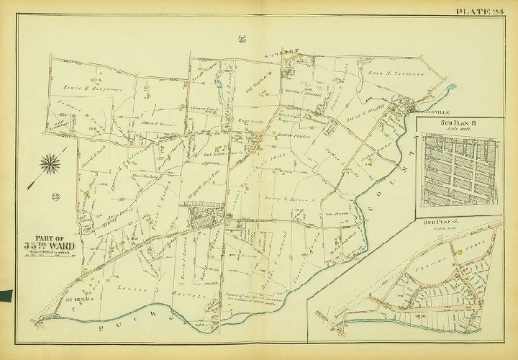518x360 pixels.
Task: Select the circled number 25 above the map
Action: [x=242, y=40]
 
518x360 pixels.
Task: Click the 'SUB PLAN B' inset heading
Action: [x=450, y=124]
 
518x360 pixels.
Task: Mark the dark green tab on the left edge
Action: [x=6, y=295]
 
